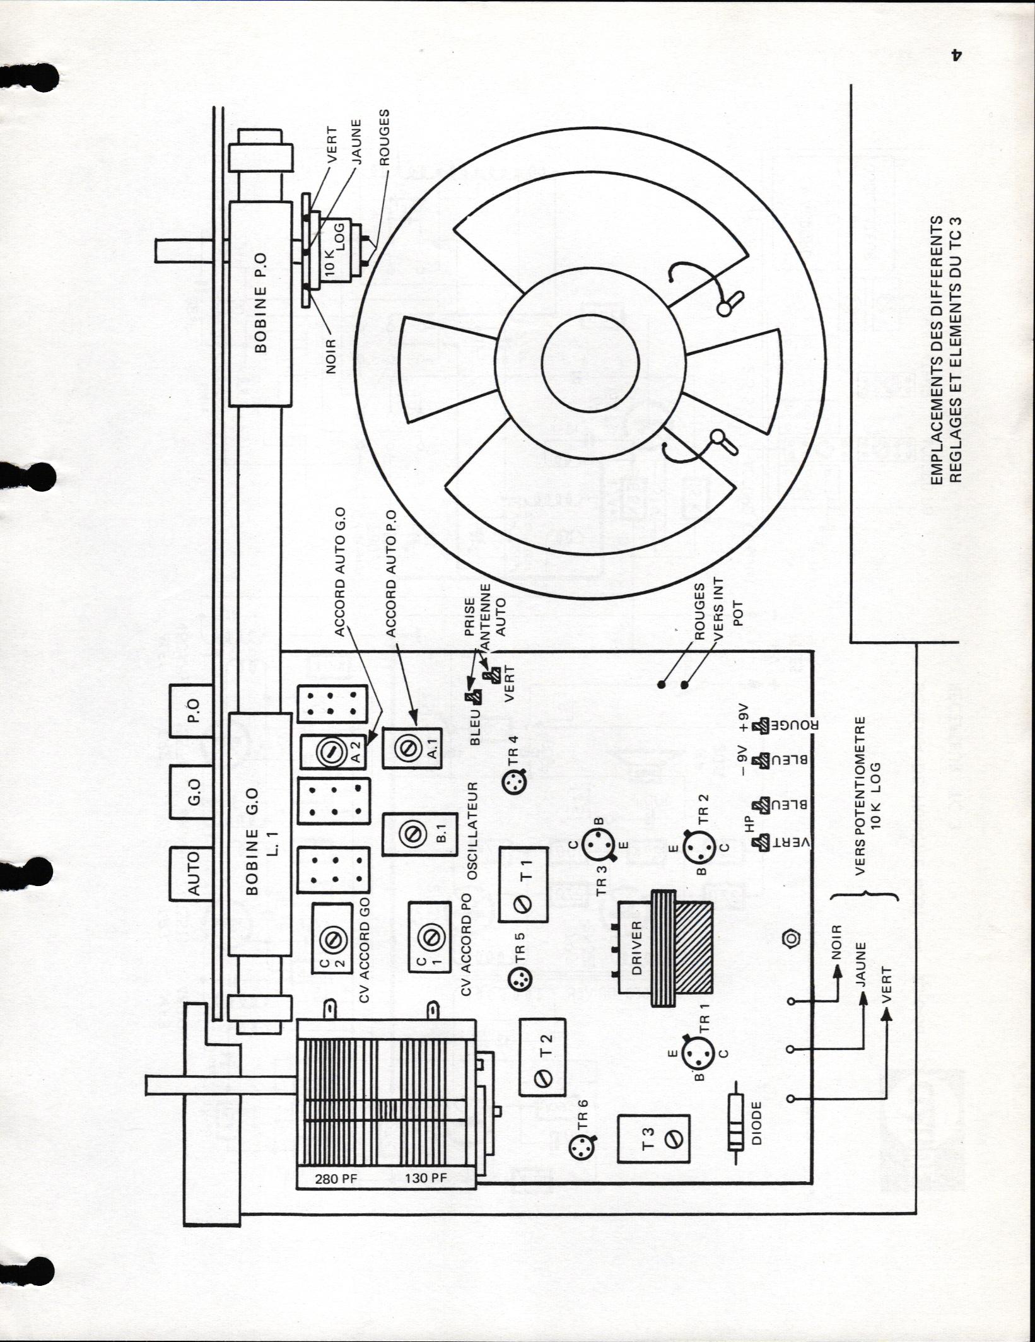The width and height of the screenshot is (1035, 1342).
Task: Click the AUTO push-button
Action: click(x=194, y=873)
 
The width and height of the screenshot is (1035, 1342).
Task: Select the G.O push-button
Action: click(x=194, y=792)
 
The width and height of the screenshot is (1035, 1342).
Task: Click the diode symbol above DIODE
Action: click(x=736, y=1132)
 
